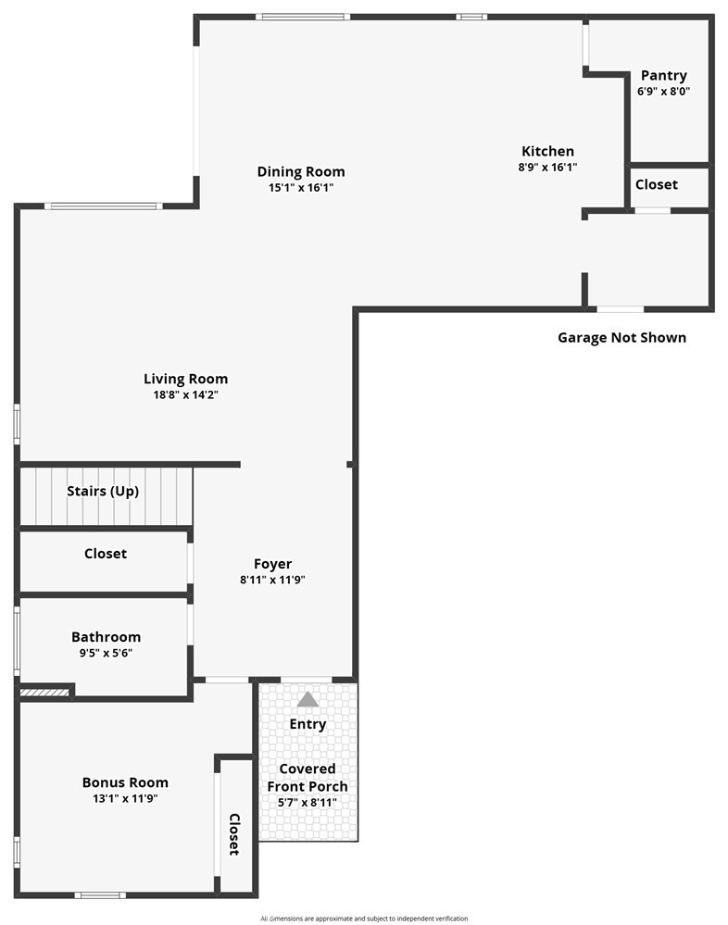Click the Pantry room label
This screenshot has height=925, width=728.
(664, 76)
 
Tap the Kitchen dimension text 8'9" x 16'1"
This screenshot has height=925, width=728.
(547, 167)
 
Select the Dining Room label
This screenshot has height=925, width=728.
(301, 171)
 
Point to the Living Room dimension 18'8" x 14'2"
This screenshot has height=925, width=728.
(186, 394)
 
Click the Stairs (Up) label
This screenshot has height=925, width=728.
(103, 491)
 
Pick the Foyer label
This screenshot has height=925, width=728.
(272, 564)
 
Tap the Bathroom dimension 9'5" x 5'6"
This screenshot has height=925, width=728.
(106, 653)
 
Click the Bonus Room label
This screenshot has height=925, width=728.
(125, 782)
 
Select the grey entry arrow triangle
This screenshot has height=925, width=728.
(308, 699)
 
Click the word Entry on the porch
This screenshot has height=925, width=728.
(308, 724)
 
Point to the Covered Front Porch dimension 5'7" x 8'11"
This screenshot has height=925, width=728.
(308, 802)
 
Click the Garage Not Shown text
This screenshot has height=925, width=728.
(621, 337)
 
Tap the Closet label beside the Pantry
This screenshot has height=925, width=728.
(656, 184)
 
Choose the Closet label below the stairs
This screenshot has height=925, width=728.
(106, 554)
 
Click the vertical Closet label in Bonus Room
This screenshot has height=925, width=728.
(234, 834)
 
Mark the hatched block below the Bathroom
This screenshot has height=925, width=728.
(44, 693)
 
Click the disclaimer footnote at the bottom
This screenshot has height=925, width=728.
(364, 919)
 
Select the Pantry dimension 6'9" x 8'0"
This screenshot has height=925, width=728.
(664, 92)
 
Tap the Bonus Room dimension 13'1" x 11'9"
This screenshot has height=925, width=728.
(125, 799)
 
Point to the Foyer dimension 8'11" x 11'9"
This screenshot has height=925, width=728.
(272, 580)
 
